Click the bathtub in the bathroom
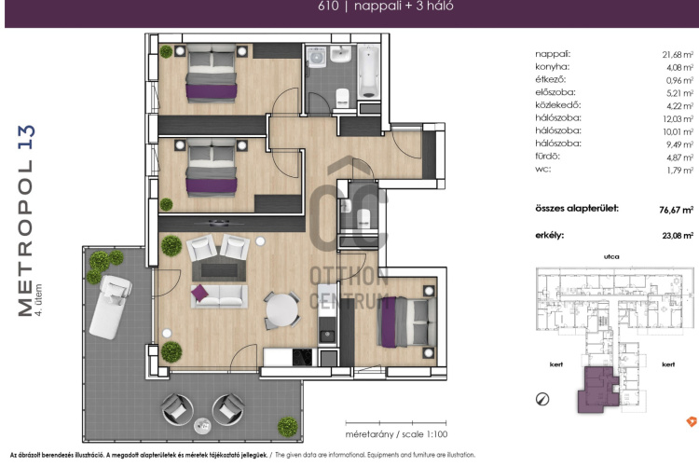point(369,71)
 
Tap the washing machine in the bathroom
point(317,57)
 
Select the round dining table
point(281,310)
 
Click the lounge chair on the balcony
point(110,307)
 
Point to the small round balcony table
point(202,425)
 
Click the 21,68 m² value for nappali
point(678,54)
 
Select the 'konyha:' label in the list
point(553,67)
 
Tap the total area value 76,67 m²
point(677,210)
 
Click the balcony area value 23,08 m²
point(678,236)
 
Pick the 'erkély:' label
point(549,235)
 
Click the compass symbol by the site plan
point(542,399)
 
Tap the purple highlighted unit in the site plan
point(598,390)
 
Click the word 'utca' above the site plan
point(611,256)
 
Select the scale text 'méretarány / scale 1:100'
point(396,434)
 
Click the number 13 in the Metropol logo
point(26,137)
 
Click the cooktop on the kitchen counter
point(303,357)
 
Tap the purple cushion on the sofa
point(199,293)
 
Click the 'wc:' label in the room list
point(543,169)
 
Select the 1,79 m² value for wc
point(679,171)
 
